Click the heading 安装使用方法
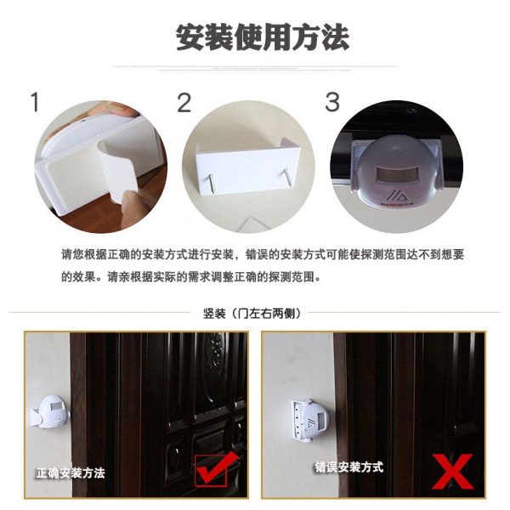263,37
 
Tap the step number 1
35,102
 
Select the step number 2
184,103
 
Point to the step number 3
332,102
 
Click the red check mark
215,467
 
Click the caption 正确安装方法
71,473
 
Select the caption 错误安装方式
348,467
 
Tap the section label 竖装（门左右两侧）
252,314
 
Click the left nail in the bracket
211,183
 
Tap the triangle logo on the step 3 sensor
396,196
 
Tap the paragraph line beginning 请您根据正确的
263,255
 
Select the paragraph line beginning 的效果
191,277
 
